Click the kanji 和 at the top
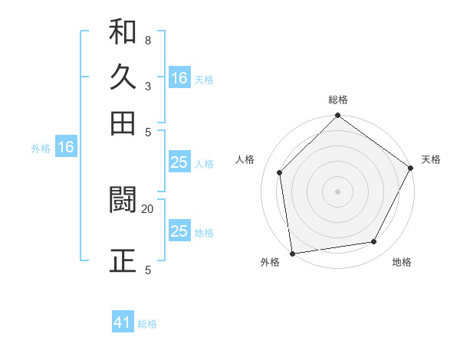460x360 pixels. point(123,33)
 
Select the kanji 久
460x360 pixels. point(123,77)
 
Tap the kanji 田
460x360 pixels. point(123,122)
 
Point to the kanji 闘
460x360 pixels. point(123,200)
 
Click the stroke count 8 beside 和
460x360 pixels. point(147,40)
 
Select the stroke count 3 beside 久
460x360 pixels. point(147,86)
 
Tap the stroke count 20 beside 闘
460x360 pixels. point(147,208)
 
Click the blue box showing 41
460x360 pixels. point(123,322)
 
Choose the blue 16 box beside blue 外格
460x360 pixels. point(66,147)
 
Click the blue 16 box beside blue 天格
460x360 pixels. point(179,78)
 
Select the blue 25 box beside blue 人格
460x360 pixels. point(179,162)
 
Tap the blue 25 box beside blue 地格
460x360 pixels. point(179,231)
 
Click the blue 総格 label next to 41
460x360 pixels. point(147,324)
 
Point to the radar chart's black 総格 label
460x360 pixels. point(338,100)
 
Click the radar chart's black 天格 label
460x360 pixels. point(431,159)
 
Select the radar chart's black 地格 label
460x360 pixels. point(402,263)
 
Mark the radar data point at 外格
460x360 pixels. point(292,253)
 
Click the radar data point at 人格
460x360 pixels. point(280,172)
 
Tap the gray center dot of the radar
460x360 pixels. point(337,191)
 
